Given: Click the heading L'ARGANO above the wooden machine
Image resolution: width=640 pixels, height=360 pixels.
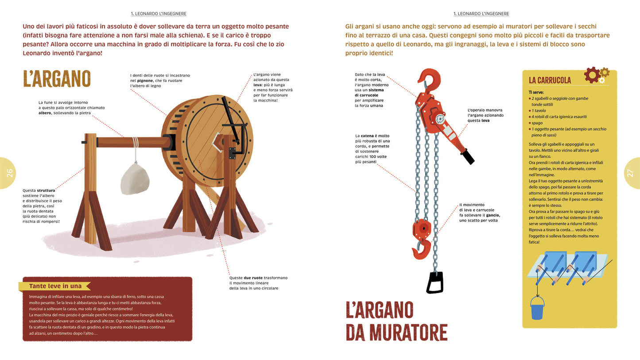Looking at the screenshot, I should pos(57,79).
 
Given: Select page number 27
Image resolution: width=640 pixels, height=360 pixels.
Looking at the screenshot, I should pos(630,173).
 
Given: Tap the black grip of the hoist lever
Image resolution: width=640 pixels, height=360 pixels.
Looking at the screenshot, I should pos(467,157).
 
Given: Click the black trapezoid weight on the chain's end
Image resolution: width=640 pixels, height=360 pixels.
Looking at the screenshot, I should pos(434,283).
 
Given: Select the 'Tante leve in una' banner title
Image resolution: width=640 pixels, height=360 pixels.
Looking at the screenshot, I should pos(55,286).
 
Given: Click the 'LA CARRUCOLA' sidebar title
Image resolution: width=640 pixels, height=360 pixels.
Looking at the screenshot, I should pos(550,80).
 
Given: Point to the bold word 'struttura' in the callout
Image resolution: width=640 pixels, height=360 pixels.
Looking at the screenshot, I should pos(46,190).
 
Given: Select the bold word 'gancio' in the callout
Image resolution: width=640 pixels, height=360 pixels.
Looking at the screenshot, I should pos(493,215).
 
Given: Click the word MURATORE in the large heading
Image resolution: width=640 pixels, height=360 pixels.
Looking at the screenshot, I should pos(397,332).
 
